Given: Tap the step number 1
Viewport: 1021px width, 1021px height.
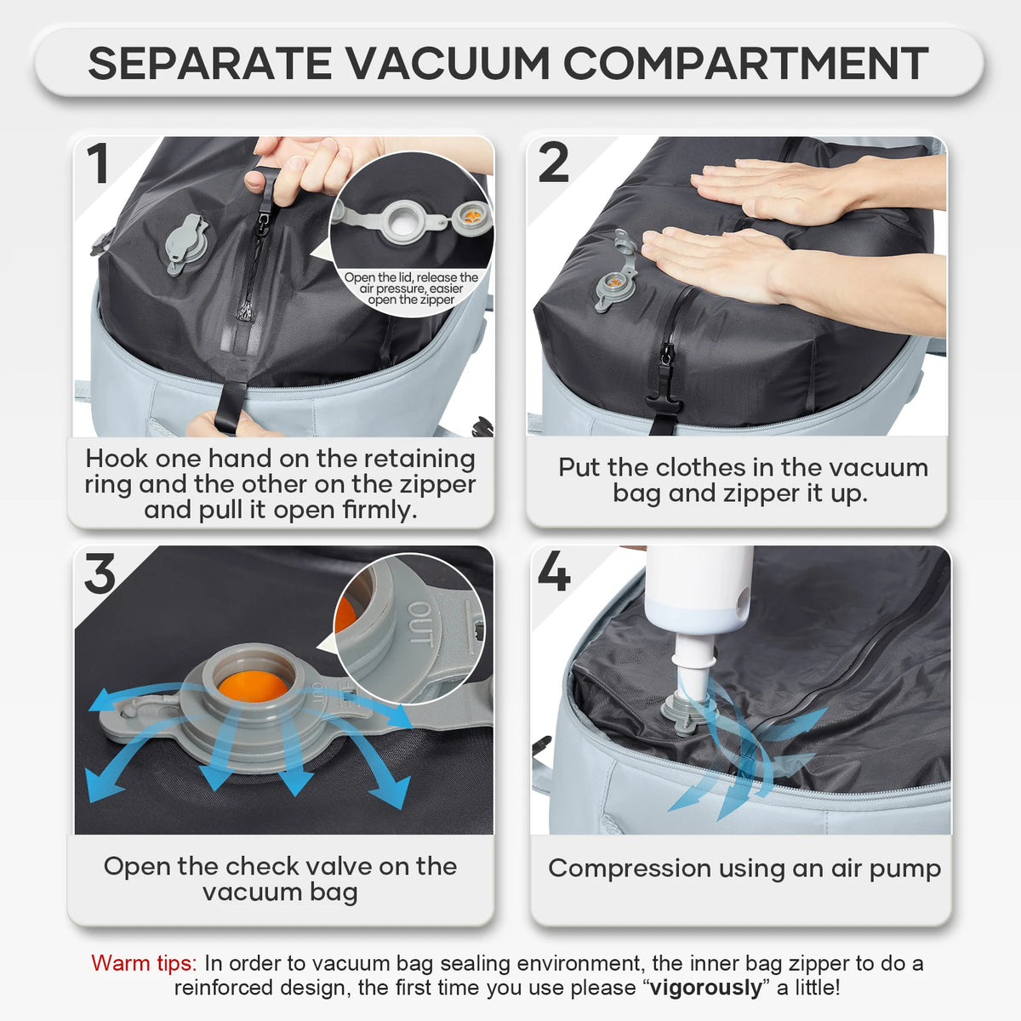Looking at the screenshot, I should click(x=99, y=164).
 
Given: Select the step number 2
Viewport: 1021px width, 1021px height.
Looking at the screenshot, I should click(x=553, y=163).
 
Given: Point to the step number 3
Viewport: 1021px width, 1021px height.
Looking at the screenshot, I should click(x=100, y=574).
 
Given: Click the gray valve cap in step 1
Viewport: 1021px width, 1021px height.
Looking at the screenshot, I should click(x=186, y=242).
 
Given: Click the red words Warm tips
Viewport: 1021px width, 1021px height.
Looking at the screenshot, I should click(x=144, y=963).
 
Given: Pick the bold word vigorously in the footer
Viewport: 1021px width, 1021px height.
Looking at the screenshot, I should click(x=705, y=988).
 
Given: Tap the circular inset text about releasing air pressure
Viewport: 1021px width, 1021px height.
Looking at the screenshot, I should click(x=411, y=288).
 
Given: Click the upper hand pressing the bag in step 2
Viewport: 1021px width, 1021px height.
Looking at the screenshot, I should click(x=783, y=187).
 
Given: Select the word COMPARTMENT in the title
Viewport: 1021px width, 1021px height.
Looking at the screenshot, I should click(x=745, y=63).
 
